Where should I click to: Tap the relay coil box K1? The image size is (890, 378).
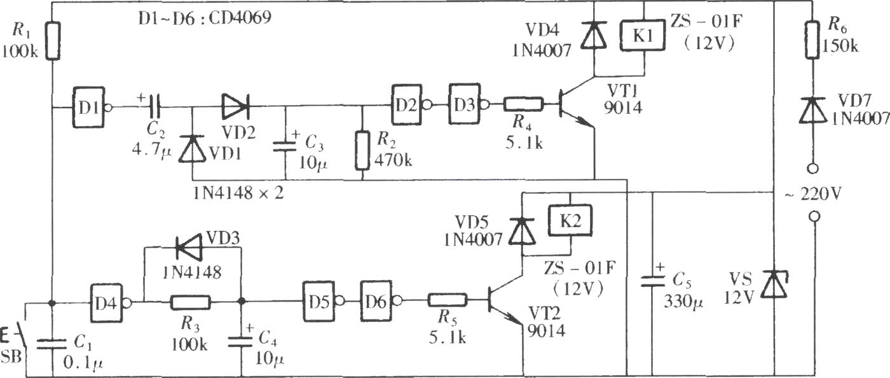(x=643, y=36)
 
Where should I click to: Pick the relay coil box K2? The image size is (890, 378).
(x=570, y=221)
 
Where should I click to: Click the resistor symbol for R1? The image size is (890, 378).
(x=52, y=41)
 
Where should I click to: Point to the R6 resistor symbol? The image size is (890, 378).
(x=813, y=40)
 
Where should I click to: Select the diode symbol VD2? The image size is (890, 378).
(x=235, y=107)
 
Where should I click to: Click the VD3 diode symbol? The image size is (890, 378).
(x=189, y=248)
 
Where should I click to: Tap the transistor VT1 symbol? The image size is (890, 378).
(x=576, y=104)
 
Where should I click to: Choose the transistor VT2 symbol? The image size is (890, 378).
(x=505, y=302)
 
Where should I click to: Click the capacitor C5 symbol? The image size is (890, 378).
(x=652, y=281)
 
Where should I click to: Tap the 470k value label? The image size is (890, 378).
(x=394, y=160)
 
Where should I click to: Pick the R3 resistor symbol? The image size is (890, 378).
(x=191, y=303)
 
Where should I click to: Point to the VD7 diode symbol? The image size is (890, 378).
(x=813, y=110)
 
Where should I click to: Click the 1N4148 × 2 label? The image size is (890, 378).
(x=239, y=193)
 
